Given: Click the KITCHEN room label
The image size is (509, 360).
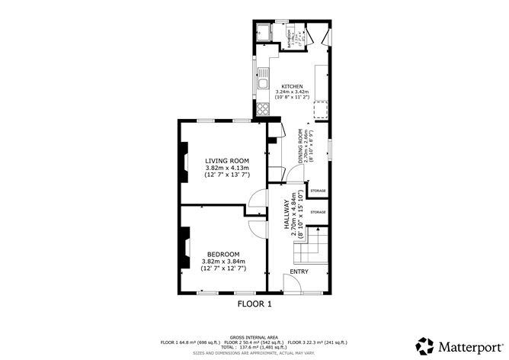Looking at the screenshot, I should (x=293, y=86).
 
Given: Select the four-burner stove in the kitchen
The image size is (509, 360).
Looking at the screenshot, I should (x=263, y=108).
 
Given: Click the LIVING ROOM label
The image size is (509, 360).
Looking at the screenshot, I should (x=226, y=160).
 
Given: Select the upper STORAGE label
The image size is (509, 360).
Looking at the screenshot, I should (x=318, y=191).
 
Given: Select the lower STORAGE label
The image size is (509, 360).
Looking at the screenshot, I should (x=318, y=212).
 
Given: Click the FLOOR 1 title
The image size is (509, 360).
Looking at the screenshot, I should (x=254, y=304).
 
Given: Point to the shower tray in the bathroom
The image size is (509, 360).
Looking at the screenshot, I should (x=264, y=34).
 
